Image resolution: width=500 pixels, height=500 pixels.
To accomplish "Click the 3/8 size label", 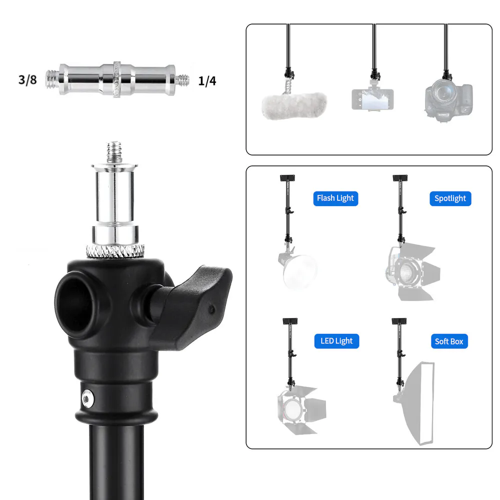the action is pyautogui.click(x=27, y=79).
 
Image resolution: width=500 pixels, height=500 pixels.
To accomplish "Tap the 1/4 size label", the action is pyautogui.click(x=207, y=81).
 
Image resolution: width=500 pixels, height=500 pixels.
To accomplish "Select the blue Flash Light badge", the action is pyautogui.click(x=335, y=198).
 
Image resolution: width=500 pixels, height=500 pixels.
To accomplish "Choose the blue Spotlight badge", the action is pyautogui.click(x=450, y=198).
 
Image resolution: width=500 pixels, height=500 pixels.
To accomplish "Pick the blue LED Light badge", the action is pyautogui.click(x=336, y=341).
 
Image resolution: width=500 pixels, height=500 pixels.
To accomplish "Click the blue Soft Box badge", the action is pyautogui.click(x=449, y=341).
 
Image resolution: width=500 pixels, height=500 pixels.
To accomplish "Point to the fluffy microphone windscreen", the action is pyautogui.click(x=294, y=105).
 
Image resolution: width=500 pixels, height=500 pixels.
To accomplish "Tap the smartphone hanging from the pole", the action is pyautogui.click(x=372, y=99).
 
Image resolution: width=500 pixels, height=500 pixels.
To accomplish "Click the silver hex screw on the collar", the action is pyautogui.click(x=87, y=398).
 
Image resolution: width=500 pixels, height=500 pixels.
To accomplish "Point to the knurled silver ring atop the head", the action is pyautogui.click(x=115, y=250).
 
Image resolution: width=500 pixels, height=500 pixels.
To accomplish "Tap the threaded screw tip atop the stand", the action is pyautogui.click(x=114, y=152).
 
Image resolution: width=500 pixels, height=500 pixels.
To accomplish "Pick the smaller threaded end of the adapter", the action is pyautogui.click(x=182, y=80).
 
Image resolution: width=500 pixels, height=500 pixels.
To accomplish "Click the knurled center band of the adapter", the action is pyautogui.click(x=117, y=79).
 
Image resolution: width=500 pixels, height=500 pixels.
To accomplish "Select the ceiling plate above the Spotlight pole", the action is pyautogui.click(x=400, y=178).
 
